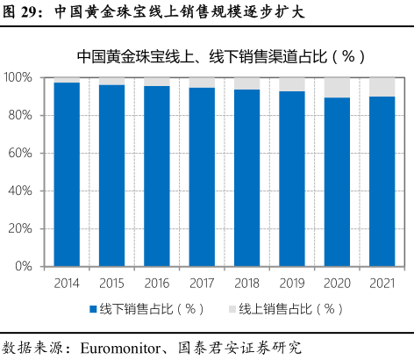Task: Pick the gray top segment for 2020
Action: point(337,87)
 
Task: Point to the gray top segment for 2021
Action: point(382,87)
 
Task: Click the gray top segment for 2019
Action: point(292,84)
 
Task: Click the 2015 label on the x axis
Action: point(111,284)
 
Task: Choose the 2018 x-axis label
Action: point(246,284)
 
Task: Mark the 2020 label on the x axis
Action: point(337,284)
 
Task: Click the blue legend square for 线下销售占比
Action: point(92,309)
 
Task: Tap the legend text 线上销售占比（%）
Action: point(290,309)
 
